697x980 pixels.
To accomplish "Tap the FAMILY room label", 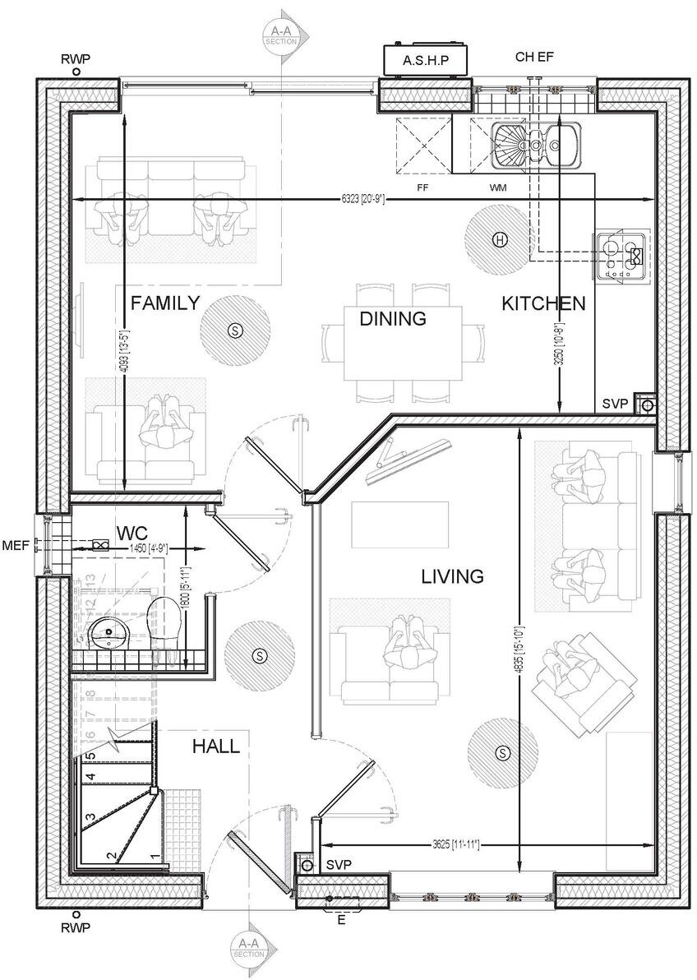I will pyautogui.click(x=165, y=303).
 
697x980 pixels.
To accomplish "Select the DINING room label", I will pyautogui.click(x=393, y=319).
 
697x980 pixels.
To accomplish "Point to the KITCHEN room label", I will pyautogui.click(x=543, y=303).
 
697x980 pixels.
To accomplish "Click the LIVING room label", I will pyautogui.click(x=452, y=577).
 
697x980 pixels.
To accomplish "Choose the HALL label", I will pyautogui.click(x=216, y=747).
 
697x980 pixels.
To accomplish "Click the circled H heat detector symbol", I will pyautogui.click(x=498, y=240).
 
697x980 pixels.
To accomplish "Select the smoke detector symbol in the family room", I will pyautogui.click(x=235, y=331).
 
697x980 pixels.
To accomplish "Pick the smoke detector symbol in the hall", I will pyautogui.click(x=259, y=656).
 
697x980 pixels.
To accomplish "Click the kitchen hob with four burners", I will pyautogui.click(x=620, y=251).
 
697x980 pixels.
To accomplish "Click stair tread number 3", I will pyautogui.click(x=91, y=816).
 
